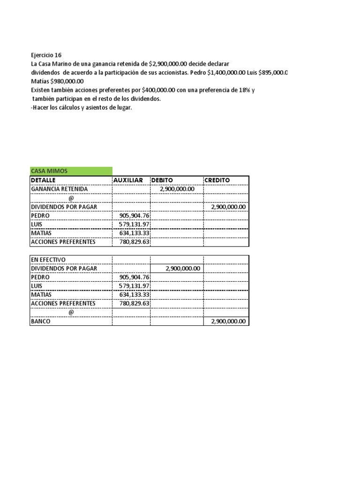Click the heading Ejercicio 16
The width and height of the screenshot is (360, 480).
[x=46, y=55]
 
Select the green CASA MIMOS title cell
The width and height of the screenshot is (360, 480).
[x=49, y=171]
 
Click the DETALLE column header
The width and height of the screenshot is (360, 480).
[x=43, y=180]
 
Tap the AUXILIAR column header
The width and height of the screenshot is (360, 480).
[x=128, y=180]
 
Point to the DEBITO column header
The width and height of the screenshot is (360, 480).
[x=162, y=180]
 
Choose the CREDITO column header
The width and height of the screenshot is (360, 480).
[x=217, y=180]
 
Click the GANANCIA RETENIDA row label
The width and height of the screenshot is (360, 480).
[x=59, y=189]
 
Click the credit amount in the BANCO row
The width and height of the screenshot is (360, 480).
[x=228, y=322]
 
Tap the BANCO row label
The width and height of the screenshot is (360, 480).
[x=40, y=322]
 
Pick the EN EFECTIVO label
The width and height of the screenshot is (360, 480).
[x=48, y=260]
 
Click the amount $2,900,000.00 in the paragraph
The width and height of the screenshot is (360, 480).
[x=170, y=64]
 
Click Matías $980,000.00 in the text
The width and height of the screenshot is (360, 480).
[x=57, y=81]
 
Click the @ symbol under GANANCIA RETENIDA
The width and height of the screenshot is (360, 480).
[x=71, y=198]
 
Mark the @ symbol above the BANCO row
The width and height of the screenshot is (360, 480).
[x=71, y=313]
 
